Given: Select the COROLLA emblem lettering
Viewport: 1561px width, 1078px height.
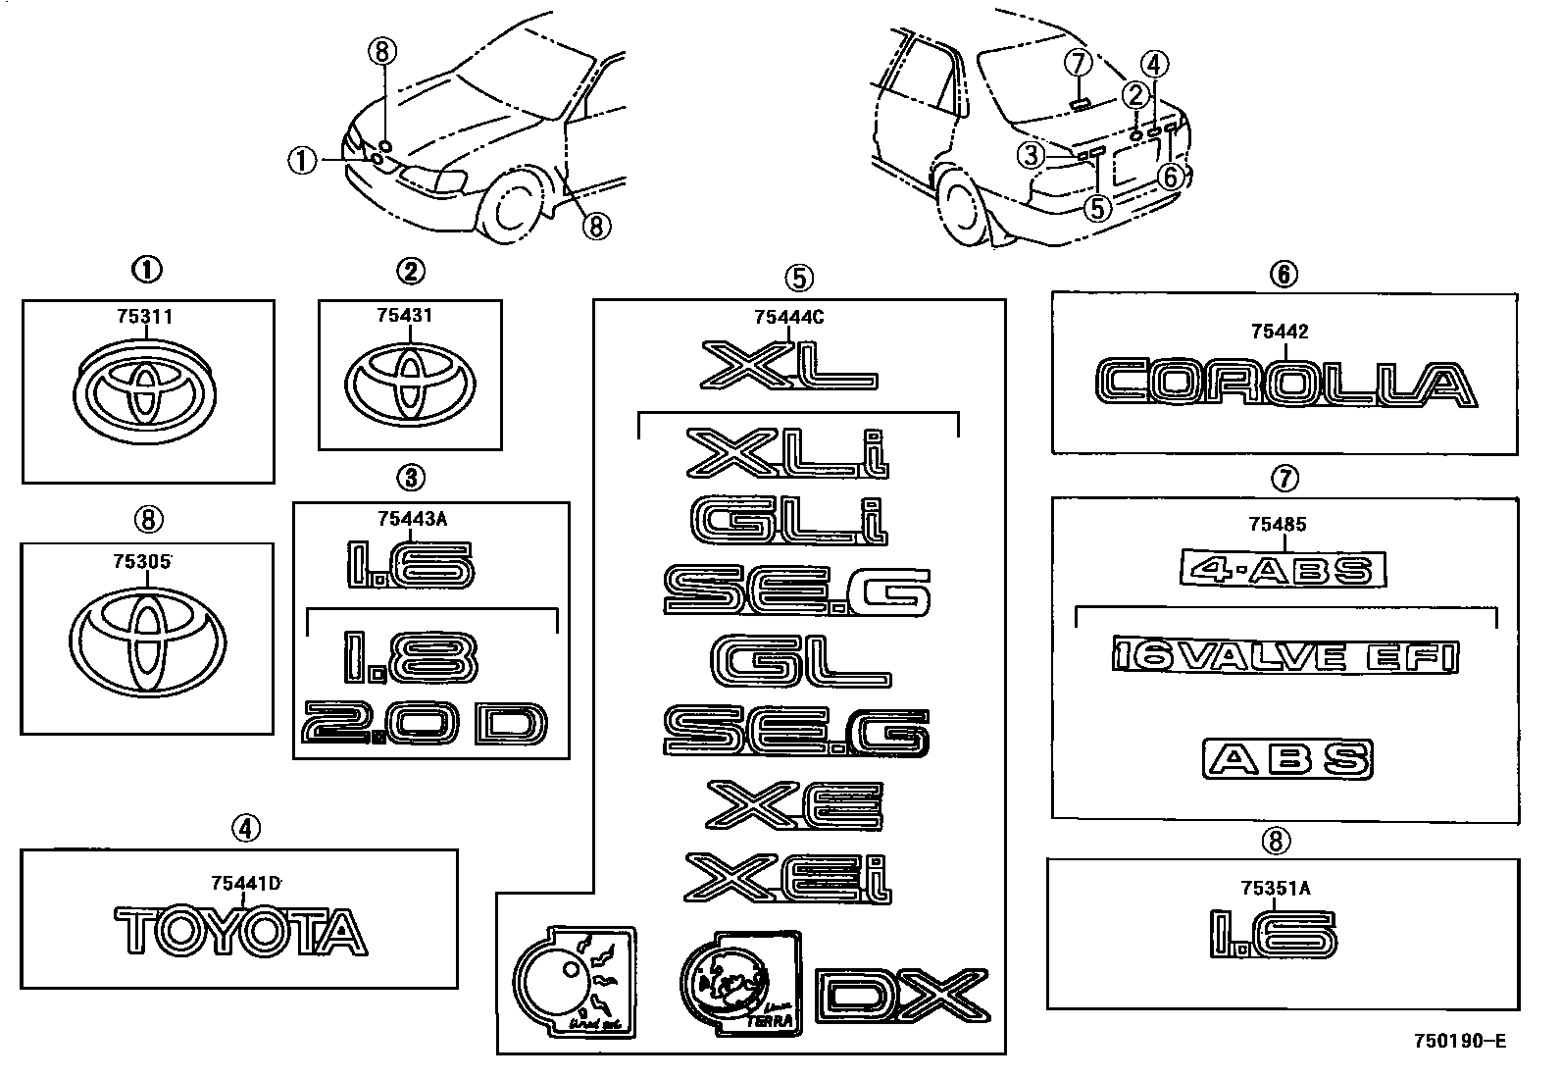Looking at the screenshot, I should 1284,384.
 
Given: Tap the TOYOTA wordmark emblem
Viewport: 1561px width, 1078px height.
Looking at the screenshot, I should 240,932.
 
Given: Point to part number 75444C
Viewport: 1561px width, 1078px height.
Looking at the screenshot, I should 789,317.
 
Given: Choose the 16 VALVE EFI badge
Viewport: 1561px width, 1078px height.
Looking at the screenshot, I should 1285,656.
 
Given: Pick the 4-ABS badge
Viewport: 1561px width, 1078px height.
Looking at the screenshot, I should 1283,569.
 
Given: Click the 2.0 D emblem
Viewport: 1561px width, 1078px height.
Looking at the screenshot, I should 424,725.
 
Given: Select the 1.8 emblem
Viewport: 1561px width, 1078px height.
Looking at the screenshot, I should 410,658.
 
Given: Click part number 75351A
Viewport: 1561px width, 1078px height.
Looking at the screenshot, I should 1275,889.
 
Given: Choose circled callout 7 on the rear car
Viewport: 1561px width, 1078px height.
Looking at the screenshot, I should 1078,64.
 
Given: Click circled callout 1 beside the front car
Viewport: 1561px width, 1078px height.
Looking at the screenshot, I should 302,160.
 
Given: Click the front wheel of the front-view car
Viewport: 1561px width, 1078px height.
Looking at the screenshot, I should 513,208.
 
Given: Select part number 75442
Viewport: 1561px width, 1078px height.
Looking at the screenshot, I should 1279,333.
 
